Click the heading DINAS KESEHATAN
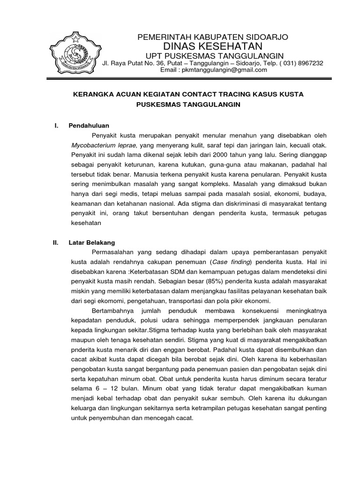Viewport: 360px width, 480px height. coord(212,46)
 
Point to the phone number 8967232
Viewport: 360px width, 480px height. coord(309,63)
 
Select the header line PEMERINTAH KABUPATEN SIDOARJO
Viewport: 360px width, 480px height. coord(212,37)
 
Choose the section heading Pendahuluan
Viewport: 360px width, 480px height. coord(89,126)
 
